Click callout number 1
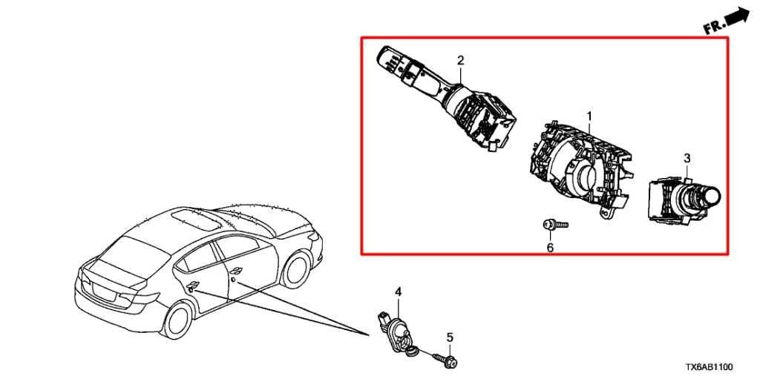tap(589, 116)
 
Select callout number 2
tap(460, 60)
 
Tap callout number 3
tap(687, 158)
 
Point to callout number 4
tap(398, 291)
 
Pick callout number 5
tap(450, 337)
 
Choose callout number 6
tap(550, 248)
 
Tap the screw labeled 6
tap(555, 225)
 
